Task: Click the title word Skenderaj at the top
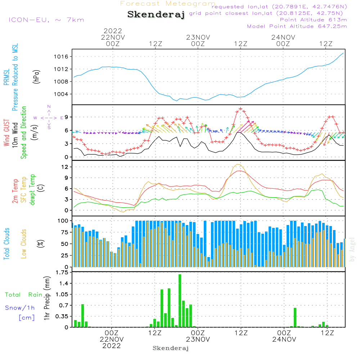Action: click(156, 15)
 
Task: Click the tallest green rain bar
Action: click(180, 301)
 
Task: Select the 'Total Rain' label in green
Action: click(24, 295)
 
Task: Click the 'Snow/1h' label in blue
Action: click(20, 308)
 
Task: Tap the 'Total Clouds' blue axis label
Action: click(6, 244)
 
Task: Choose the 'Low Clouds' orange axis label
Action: click(24, 244)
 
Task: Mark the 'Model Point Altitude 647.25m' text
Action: click(297, 26)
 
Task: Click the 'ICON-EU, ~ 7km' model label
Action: click(46, 20)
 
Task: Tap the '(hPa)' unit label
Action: click(36, 76)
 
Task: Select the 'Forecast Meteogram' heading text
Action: click(168, 4)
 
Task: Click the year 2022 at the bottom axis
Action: click(112, 346)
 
